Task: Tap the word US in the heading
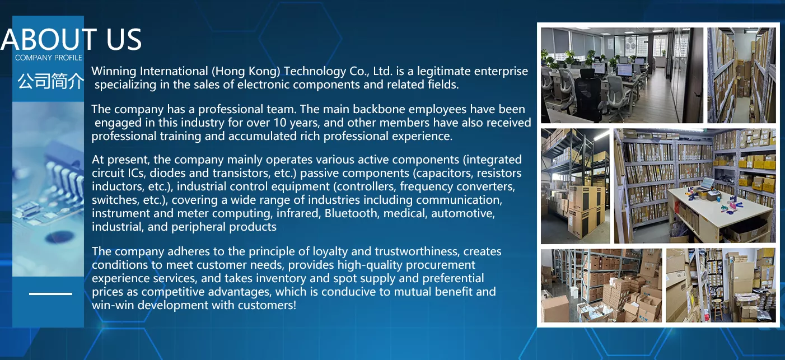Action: point(124,39)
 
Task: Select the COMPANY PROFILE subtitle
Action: point(48,58)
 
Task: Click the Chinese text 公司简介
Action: point(51,81)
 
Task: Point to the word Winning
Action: point(114,72)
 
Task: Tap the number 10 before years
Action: point(279,123)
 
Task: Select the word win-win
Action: point(113,305)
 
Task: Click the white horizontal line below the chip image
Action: point(50,294)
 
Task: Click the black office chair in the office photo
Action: point(590,95)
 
